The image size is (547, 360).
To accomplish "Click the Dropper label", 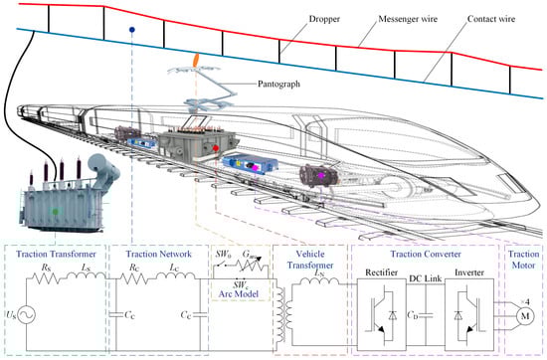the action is [x=324, y=19].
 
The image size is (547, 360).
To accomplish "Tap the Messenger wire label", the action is [x=408, y=19].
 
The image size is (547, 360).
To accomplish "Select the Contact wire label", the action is [x=491, y=19].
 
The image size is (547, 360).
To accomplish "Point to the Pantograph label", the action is [x=278, y=85].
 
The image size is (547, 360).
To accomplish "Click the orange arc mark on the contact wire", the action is [x=196, y=60].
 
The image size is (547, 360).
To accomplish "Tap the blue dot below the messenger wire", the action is [x=132, y=30].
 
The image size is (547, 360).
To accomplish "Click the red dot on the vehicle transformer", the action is [x=216, y=148].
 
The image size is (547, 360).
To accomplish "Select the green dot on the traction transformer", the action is [x=55, y=212].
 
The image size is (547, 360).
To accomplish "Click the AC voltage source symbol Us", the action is [x=27, y=315].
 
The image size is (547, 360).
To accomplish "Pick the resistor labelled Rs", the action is [x=46, y=278].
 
